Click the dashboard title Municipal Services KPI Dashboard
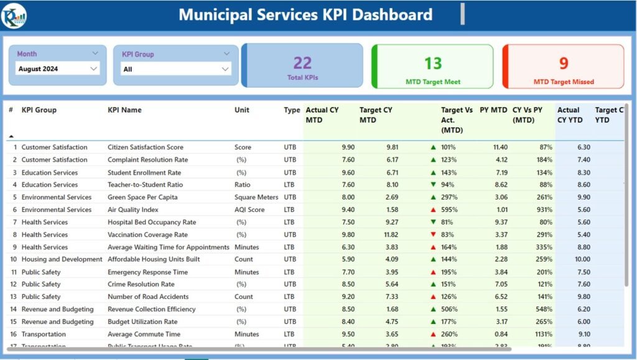tap(305, 14)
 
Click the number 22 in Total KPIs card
tap(302, 63)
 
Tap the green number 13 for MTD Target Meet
tap(433, 63)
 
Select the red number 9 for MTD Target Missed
tap(564, 63)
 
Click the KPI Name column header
tap(124, 110)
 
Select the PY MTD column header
tap(493, 110)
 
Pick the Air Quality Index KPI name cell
tap(133, 210)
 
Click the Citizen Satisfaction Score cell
tap(146, 147)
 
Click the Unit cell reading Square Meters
tap(256, 197)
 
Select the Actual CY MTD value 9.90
tap(348, 147)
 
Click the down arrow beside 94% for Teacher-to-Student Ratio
tap(433, 185)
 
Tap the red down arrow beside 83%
tap(433, 234)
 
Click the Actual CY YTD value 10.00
tap(582, 259)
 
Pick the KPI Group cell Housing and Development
tap(62, 259)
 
